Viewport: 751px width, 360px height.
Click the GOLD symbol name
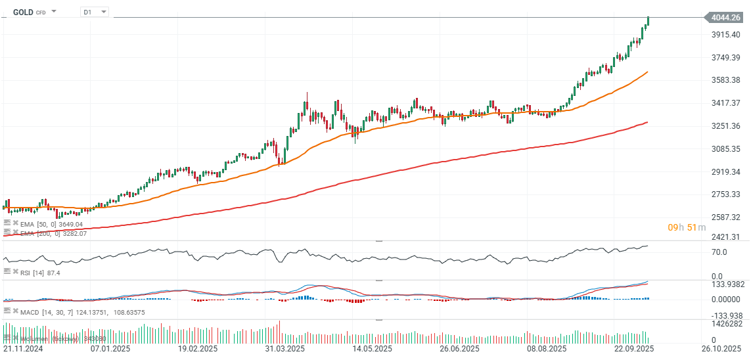tap(23, 12)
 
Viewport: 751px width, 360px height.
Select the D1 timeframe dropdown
tap(94, 12)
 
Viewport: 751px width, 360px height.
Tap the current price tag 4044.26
tap(725, 18)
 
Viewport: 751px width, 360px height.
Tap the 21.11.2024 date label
tap(23, 348)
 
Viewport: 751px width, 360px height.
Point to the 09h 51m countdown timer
tap(687, 227)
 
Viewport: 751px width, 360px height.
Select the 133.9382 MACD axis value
tap(725, 284)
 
